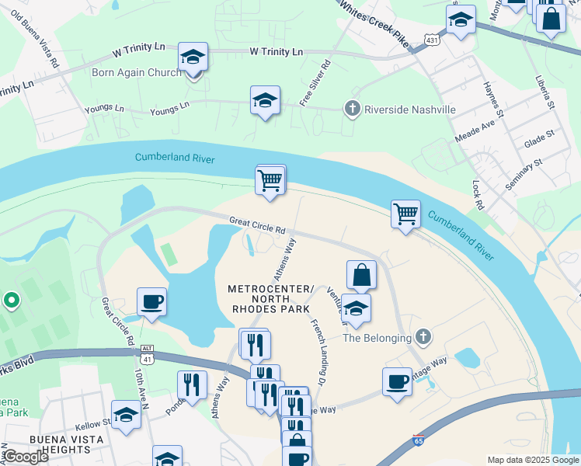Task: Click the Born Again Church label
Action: point(137,72)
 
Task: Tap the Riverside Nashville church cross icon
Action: point(353,110)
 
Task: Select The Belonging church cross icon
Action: point(423,336)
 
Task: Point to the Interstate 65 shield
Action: point(419,439)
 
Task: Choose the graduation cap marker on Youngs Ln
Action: point(265,100)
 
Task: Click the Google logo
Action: point(26,456)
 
